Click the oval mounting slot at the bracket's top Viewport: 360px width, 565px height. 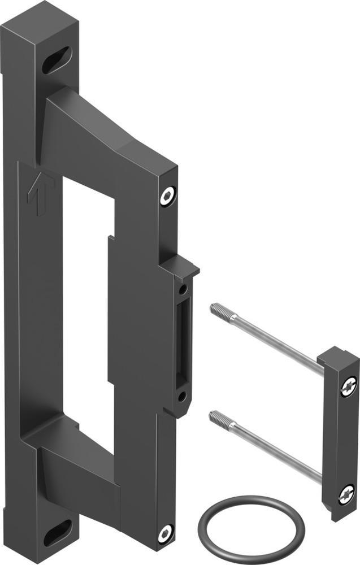click(57, 59)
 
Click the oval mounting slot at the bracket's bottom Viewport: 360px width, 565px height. click(58, 532)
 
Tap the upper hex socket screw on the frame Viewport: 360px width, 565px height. click(166, 197)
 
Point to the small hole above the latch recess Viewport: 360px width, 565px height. click(183, 290)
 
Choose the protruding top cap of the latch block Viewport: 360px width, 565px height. click(182, 266)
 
